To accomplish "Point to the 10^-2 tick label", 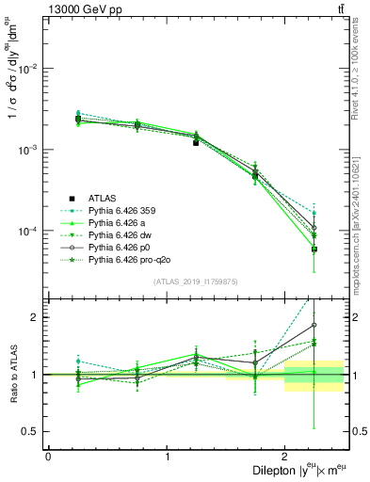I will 28,69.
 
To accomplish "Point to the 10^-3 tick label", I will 28,151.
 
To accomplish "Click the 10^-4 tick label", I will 28,232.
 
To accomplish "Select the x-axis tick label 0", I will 48,457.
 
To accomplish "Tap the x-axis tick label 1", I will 167,457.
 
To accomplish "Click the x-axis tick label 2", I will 284,457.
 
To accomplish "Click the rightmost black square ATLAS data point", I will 314,249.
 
